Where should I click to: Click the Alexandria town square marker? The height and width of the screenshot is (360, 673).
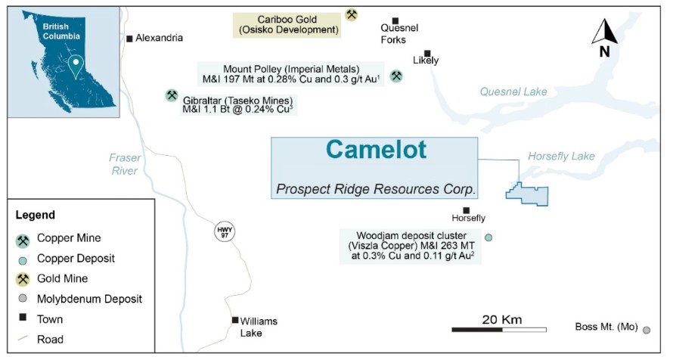(x=129, y=38)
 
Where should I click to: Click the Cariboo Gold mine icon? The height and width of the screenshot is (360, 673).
(x=351, y=14)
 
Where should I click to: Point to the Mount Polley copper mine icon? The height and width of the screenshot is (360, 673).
(x=395, y=76)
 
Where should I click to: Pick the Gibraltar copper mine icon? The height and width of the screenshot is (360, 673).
(x=172, y=95)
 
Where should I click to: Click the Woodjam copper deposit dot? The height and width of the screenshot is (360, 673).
(x=488, y=237)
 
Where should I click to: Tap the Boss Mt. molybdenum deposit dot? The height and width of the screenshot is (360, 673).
(x=647, y=330)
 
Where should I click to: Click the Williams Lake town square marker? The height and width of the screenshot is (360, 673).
(x=235, y=320)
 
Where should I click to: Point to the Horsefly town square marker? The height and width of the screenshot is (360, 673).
(x=466, y=210)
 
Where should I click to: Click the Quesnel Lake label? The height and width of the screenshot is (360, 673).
(x=513, y=92)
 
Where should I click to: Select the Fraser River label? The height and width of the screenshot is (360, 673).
(x=123, y=164)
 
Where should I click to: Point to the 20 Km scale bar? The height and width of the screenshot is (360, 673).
(x=499, y=329)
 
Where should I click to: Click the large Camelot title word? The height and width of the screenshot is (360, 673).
(x=376, y=150)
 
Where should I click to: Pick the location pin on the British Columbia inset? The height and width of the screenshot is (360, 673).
(x=73, y=66)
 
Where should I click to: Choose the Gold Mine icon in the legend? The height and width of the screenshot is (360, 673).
(x=23, y=278)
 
